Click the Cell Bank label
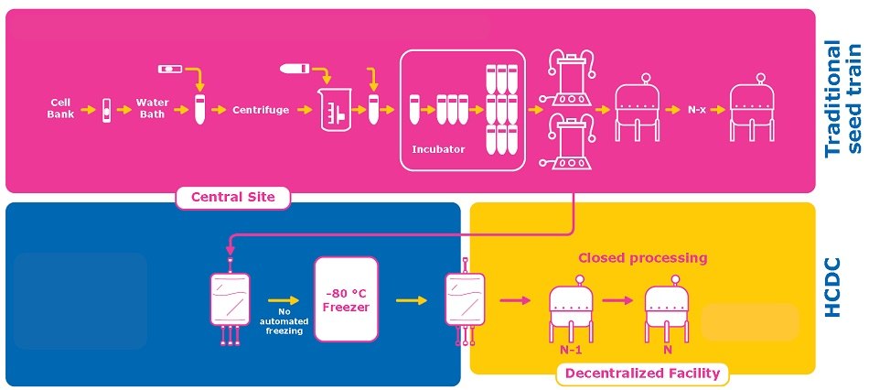click(x=59, y=108)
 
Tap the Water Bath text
click(x=152, y=108)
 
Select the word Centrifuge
click(x=261, y=110)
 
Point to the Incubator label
click(x=439, y=148)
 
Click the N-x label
click(x=697, y=109)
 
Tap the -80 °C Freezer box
click(x=346, y=298)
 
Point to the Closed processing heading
click(x=642, y=257)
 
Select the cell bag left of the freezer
click(x=231, y=303)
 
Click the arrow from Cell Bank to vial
click(x=88, y=110)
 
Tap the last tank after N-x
click(x=755, y=107)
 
